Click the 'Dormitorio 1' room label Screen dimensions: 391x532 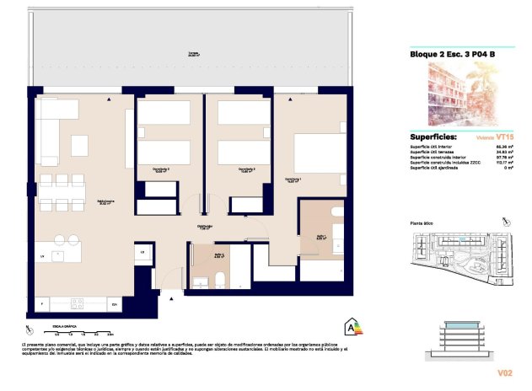click(x=293, y=179)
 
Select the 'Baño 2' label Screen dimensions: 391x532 click(x=218, y=254)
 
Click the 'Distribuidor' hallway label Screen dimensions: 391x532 click(x=204, y=226)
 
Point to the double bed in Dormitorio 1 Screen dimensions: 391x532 click(x=320, y=152)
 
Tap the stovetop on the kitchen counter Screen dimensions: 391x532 click(x=77, y=303)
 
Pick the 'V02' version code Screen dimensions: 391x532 click(x=503, y=372)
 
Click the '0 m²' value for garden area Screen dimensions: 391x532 click(x=508, y=169)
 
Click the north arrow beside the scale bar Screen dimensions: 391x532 click(x=31, y=329)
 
